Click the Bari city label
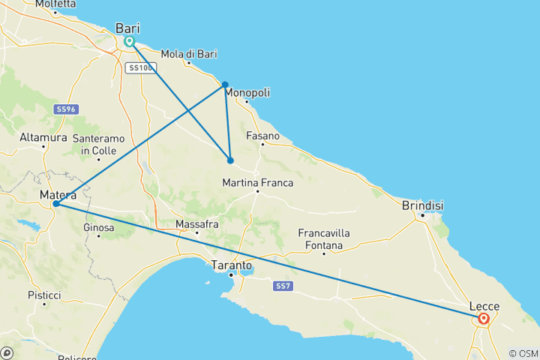click(127, 28)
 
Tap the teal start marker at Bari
click(130, 42)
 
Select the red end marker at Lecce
click(484, 319)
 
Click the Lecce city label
click(484, 306)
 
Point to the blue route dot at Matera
click(56, 204)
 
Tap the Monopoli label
click(247, 92)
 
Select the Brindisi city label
click(423, 205)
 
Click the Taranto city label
click(230, 265)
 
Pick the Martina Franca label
click(257, 183)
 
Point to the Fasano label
click(262, 136)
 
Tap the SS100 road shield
click(140, 68)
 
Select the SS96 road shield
click(65, 109)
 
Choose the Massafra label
click(196, 223)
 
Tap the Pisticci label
click(43, 295)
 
